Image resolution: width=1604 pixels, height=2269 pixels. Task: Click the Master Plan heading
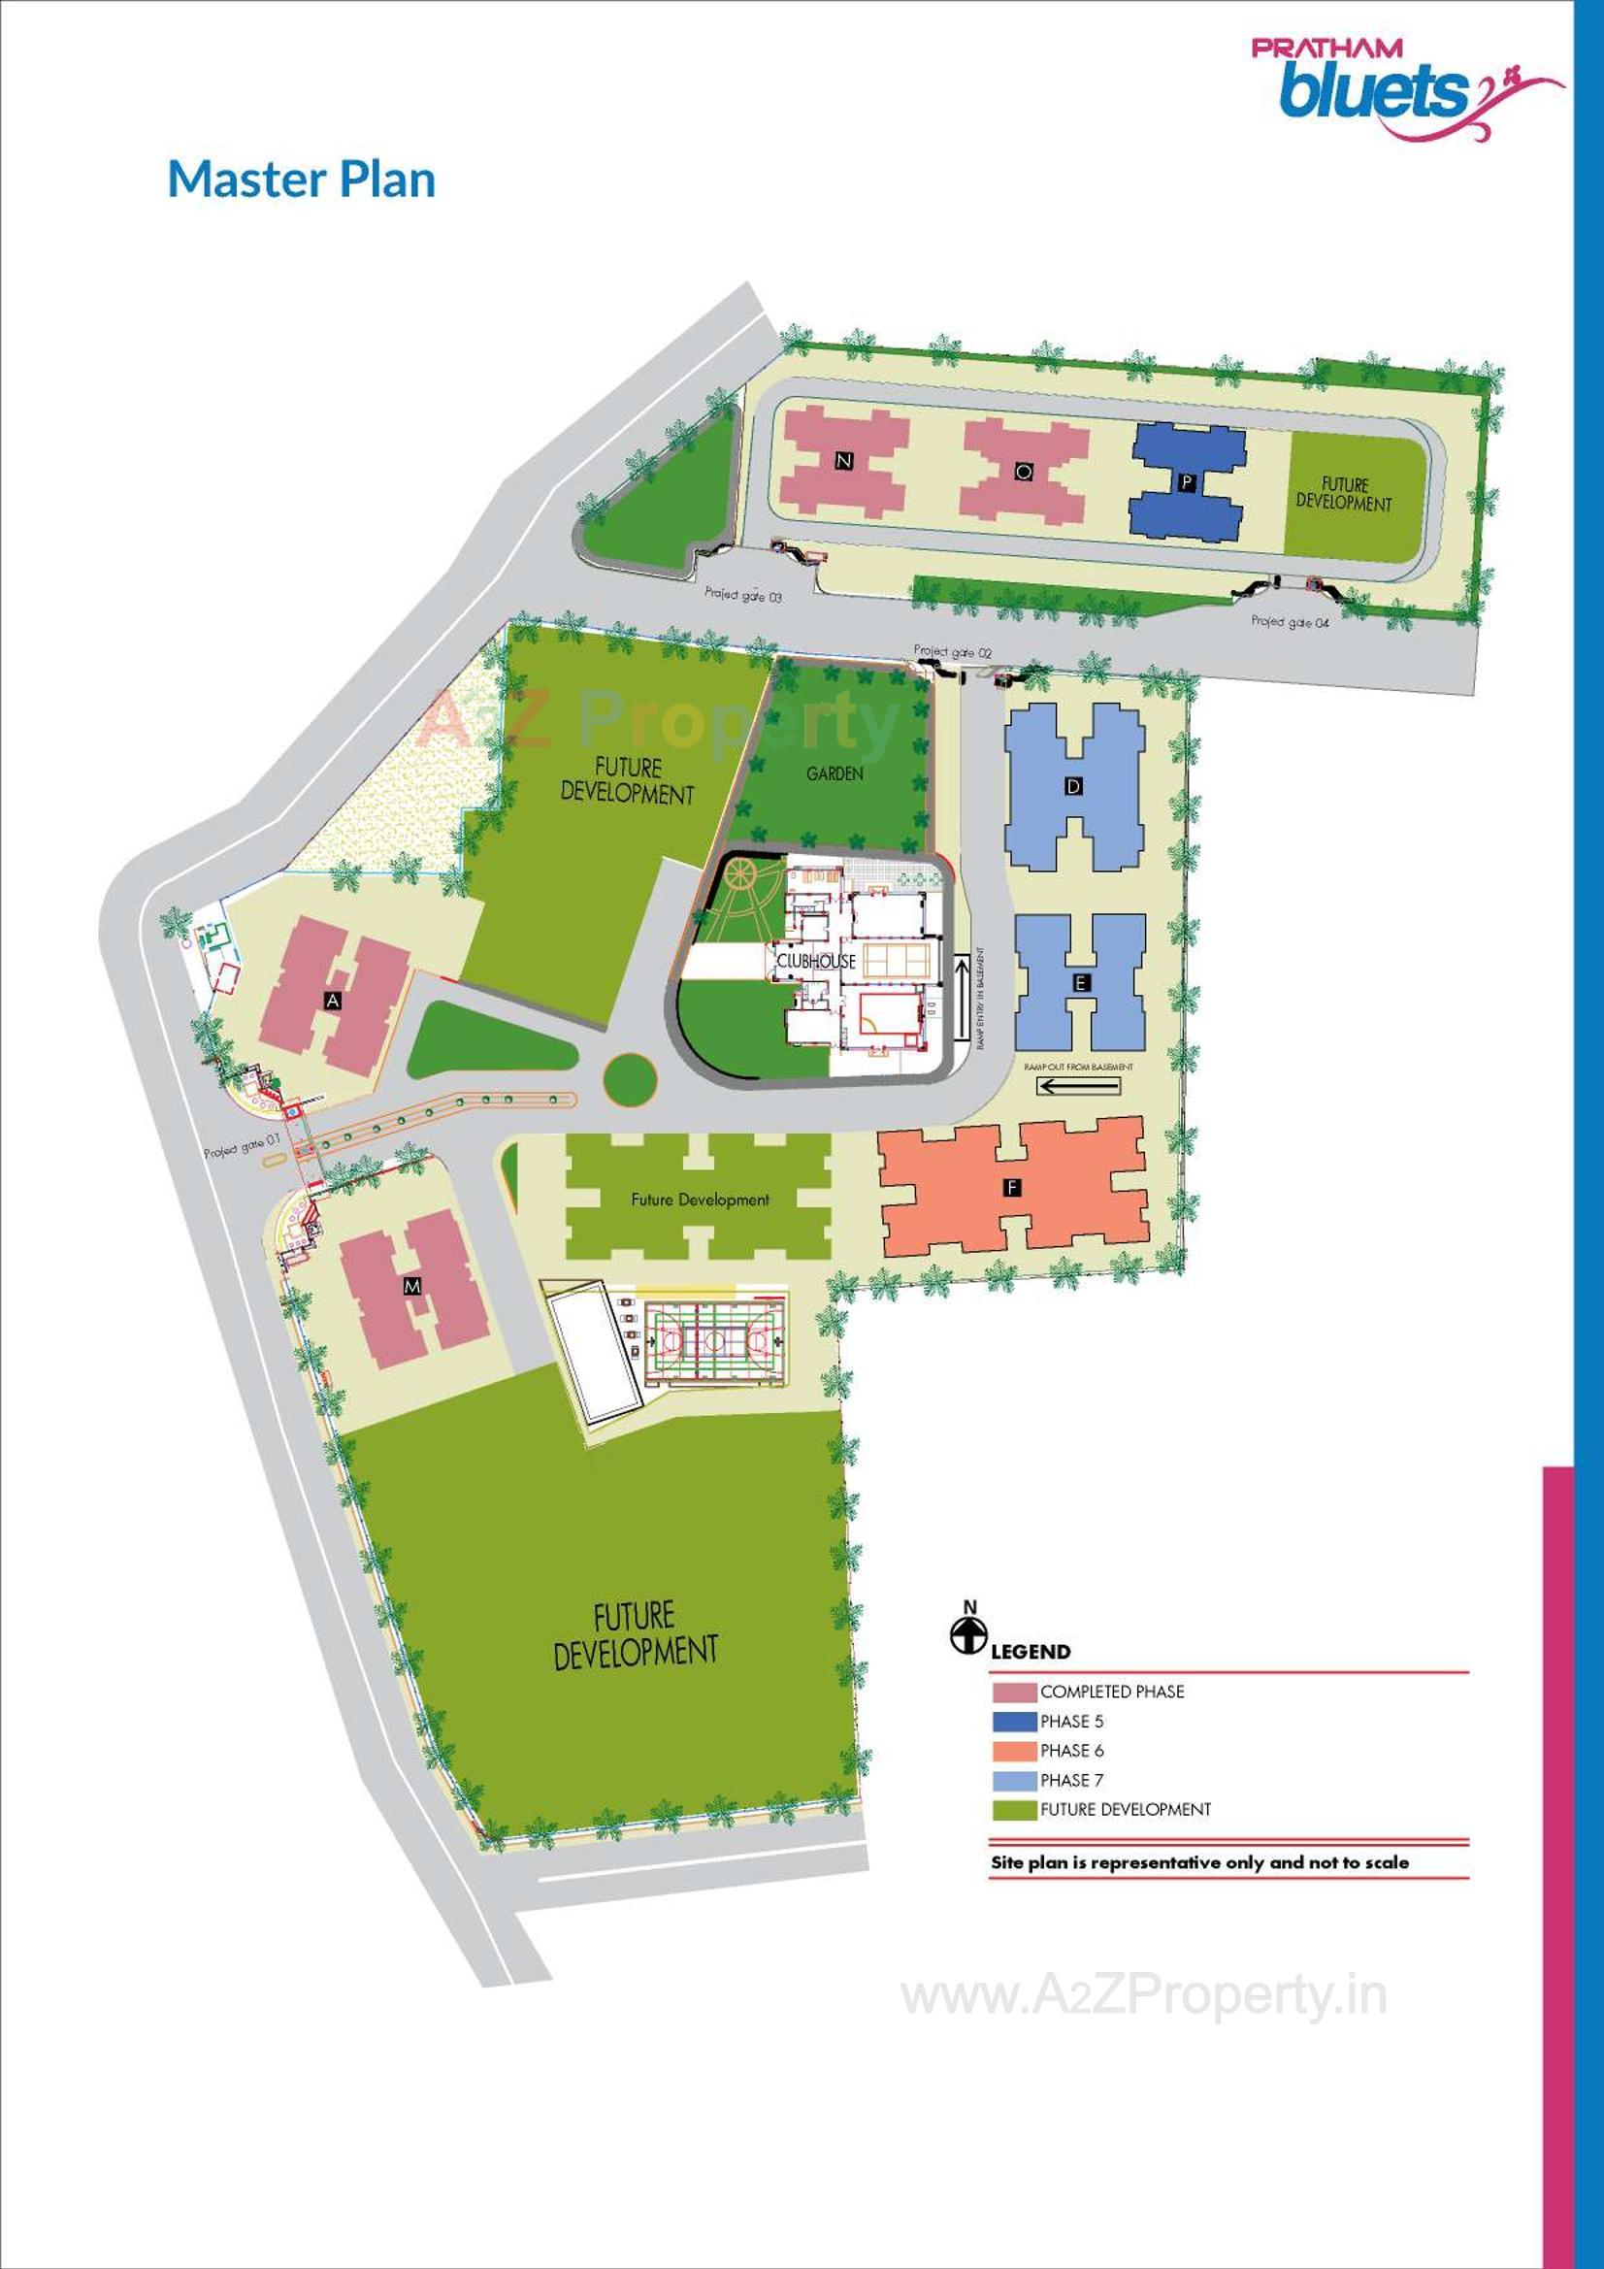[302, 180]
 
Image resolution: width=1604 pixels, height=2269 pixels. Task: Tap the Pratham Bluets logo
[1404, 88]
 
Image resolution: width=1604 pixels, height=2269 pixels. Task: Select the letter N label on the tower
[843, 461]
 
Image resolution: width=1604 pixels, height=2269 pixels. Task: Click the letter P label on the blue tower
[1187, 482]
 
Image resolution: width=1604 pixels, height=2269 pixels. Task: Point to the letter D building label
[1074, 787]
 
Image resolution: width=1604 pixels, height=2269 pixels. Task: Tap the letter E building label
[1081, 983]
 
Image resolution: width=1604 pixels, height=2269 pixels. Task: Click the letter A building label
[334, 1002]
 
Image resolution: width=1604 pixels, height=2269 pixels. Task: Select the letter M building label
[412, 1286]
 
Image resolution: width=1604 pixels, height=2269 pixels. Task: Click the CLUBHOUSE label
[815, 961]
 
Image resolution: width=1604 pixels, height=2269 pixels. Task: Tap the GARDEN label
[835, 773]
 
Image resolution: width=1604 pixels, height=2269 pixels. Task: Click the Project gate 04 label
[1290, 622]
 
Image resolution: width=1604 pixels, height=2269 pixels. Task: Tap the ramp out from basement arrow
[1078, 1086]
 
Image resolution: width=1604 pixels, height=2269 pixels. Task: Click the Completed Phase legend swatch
[1013, 1692]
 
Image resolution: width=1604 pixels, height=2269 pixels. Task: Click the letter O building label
[1024, 473]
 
